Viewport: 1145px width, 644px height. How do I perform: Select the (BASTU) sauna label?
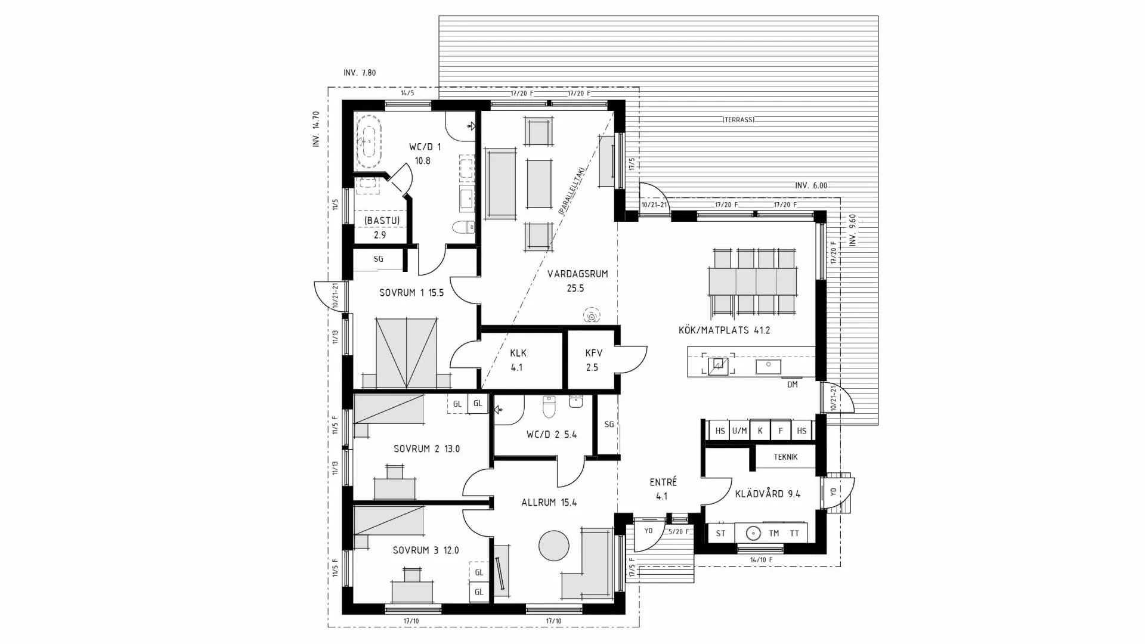coord(382,221)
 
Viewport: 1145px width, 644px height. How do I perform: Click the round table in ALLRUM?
coord(554,545)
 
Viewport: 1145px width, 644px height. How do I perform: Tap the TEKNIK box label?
coord(785,457)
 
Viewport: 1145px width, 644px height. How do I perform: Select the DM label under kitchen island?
coord(792,385)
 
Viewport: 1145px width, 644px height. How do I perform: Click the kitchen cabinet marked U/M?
coord(739,431)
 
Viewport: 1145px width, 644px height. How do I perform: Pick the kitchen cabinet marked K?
coord(760,431)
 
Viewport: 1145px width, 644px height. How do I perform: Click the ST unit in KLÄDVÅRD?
coord(720,533)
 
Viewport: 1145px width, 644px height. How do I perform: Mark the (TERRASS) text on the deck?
coord(738,120)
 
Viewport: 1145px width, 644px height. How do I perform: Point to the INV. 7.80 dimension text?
coord(360,73)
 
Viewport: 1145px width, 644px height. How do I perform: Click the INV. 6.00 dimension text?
coord(811,185)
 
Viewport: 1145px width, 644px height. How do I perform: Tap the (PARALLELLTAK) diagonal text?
coord(571,190)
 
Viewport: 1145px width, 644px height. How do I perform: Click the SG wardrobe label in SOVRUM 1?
coord(378,259)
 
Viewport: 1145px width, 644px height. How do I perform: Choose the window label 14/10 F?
coord(761,560)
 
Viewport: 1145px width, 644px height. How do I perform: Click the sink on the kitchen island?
coord(768,366)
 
